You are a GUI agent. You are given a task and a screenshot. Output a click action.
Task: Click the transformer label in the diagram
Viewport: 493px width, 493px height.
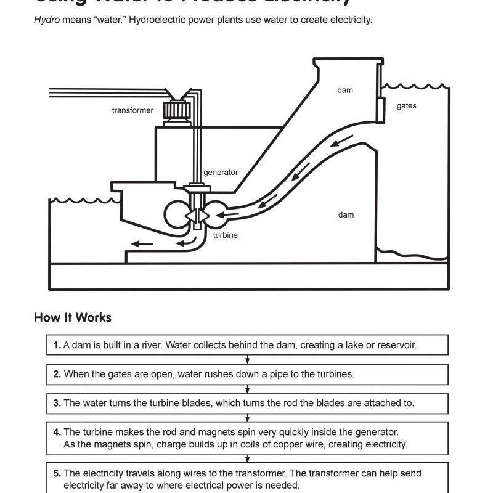(x=132, y=111)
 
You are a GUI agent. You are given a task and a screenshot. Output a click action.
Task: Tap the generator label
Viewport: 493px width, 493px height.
(x=221, y=173)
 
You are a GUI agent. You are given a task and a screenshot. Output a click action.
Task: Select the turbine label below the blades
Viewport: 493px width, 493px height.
(x=225, y=235)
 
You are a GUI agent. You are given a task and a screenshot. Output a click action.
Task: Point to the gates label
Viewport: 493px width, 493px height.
(x=406, y=106)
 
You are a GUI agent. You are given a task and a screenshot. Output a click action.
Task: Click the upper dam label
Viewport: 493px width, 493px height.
(x=345, y=91)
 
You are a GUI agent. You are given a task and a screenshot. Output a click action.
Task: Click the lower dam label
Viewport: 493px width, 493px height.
(x=346, y=214)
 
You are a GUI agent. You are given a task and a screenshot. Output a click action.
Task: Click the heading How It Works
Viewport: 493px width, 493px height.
(x=73, y=318)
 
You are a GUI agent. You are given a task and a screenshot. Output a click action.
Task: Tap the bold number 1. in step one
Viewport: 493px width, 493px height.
(x=57, y=346)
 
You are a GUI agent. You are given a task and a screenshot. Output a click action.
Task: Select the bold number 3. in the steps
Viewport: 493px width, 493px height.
(x=57, y=403)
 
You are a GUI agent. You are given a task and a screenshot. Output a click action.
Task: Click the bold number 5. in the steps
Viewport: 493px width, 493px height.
(x=57, y=474)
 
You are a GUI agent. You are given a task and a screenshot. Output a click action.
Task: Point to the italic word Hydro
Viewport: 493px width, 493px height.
(x=46, y=20)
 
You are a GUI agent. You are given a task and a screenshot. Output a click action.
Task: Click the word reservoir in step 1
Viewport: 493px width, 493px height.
(x=396, y=346)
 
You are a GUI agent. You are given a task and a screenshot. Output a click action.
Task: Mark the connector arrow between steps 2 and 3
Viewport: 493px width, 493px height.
(x=247, y=388)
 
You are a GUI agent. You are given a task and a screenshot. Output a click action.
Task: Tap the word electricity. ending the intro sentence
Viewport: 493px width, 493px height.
(x=351, y=20)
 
